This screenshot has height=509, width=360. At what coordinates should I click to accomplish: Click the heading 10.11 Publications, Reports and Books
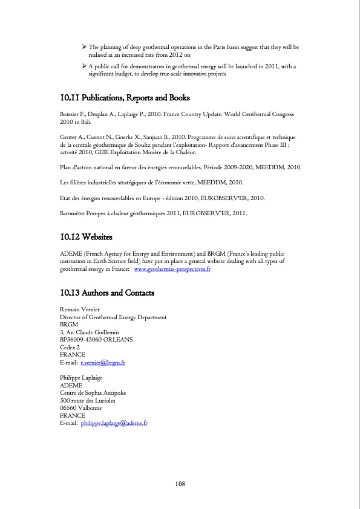[125, 98]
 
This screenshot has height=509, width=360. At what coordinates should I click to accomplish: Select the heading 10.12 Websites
[86, 236]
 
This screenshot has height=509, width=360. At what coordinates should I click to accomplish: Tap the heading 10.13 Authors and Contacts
[107, 293]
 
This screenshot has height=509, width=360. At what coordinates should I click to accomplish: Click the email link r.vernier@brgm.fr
[103, 363]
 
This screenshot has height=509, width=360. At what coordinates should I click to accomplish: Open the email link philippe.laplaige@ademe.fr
[114, 423]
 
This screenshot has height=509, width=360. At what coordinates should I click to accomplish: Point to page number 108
[180, 484]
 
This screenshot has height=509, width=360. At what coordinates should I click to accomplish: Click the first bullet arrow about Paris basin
[85, 47]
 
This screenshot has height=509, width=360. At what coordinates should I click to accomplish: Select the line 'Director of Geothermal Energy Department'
[113, 317]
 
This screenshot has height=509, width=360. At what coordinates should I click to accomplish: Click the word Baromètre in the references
[76, 213]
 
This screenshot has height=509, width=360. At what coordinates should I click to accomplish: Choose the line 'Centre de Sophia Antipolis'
[94, 393]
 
